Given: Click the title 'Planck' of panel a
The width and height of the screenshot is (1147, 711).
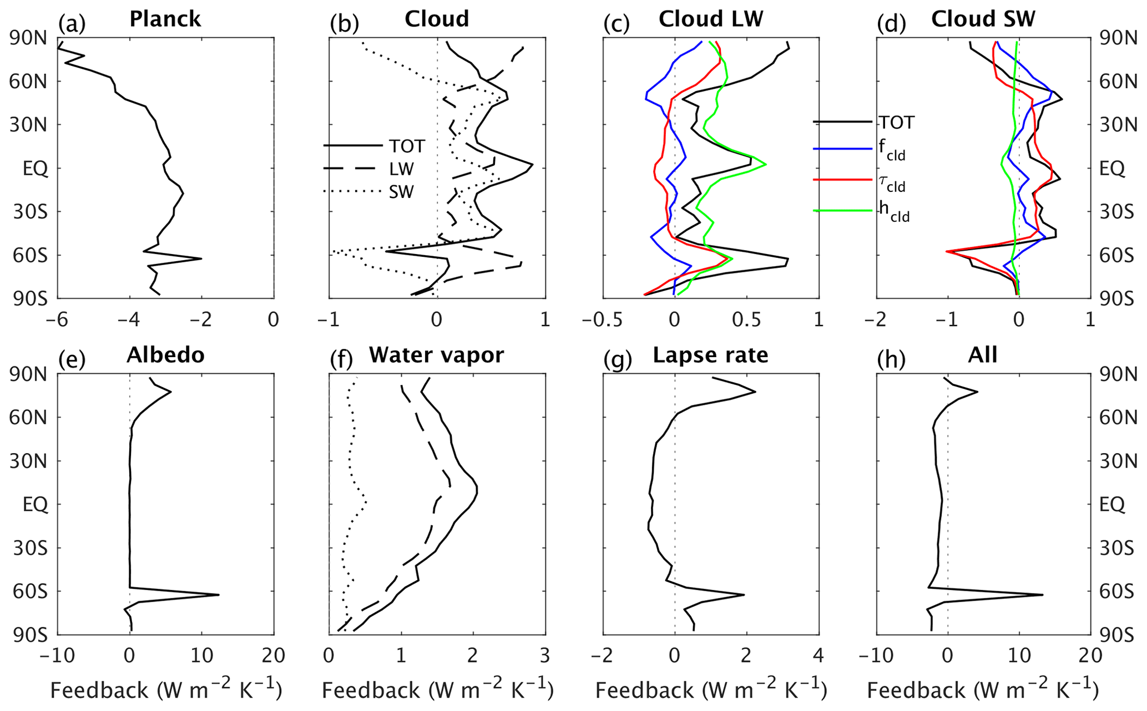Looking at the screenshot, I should click(165, 19).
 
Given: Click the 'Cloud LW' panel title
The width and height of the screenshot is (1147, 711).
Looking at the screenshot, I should click(711, 19).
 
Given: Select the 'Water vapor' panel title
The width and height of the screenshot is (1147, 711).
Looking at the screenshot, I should click(437, 355).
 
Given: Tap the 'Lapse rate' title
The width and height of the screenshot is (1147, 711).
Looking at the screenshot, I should click(710, 355).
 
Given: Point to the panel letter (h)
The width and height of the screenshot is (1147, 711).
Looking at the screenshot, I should click(891, 360).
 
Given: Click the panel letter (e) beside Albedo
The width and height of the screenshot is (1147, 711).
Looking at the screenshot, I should click(72, 360).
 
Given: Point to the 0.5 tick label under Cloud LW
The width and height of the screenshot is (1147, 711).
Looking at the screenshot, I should click(746, 320).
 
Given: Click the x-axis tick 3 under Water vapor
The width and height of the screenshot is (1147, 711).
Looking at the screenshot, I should click(545, 656).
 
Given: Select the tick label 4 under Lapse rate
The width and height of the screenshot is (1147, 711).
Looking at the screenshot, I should click(818, 656).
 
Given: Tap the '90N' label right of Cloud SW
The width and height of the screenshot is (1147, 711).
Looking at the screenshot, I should click(1118, 38).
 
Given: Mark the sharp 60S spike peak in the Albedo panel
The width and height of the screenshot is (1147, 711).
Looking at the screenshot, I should click(219, 595).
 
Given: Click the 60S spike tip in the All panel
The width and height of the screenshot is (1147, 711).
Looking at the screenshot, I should click(1043, 595).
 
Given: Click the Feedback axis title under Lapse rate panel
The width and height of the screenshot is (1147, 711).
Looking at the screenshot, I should click(711, 690).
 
